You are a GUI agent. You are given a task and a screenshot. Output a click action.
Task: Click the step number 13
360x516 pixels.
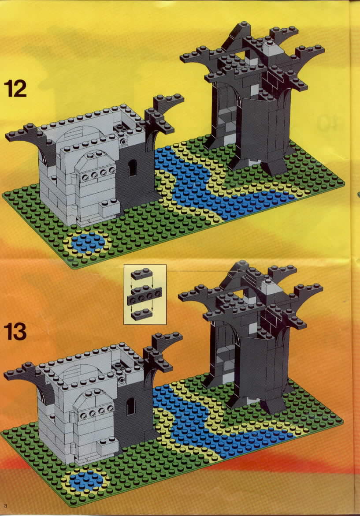(15, 332)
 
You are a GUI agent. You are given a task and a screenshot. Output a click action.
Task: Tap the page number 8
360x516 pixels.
(6, 506)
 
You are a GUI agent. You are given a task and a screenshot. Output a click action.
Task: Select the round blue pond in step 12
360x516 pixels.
(88, 243)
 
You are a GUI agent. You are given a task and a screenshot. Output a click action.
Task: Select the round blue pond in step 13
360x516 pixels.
(86, 480)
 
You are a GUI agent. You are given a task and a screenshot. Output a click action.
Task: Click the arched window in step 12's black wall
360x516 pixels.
(132, 168)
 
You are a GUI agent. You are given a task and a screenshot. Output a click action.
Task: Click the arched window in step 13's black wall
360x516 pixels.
(131, 407)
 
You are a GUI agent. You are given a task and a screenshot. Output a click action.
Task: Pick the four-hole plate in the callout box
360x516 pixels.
(144, 296)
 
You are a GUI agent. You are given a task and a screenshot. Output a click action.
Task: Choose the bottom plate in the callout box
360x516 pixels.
(142, 314)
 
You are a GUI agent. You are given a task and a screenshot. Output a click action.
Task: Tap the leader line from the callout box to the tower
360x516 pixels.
(201, 271)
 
